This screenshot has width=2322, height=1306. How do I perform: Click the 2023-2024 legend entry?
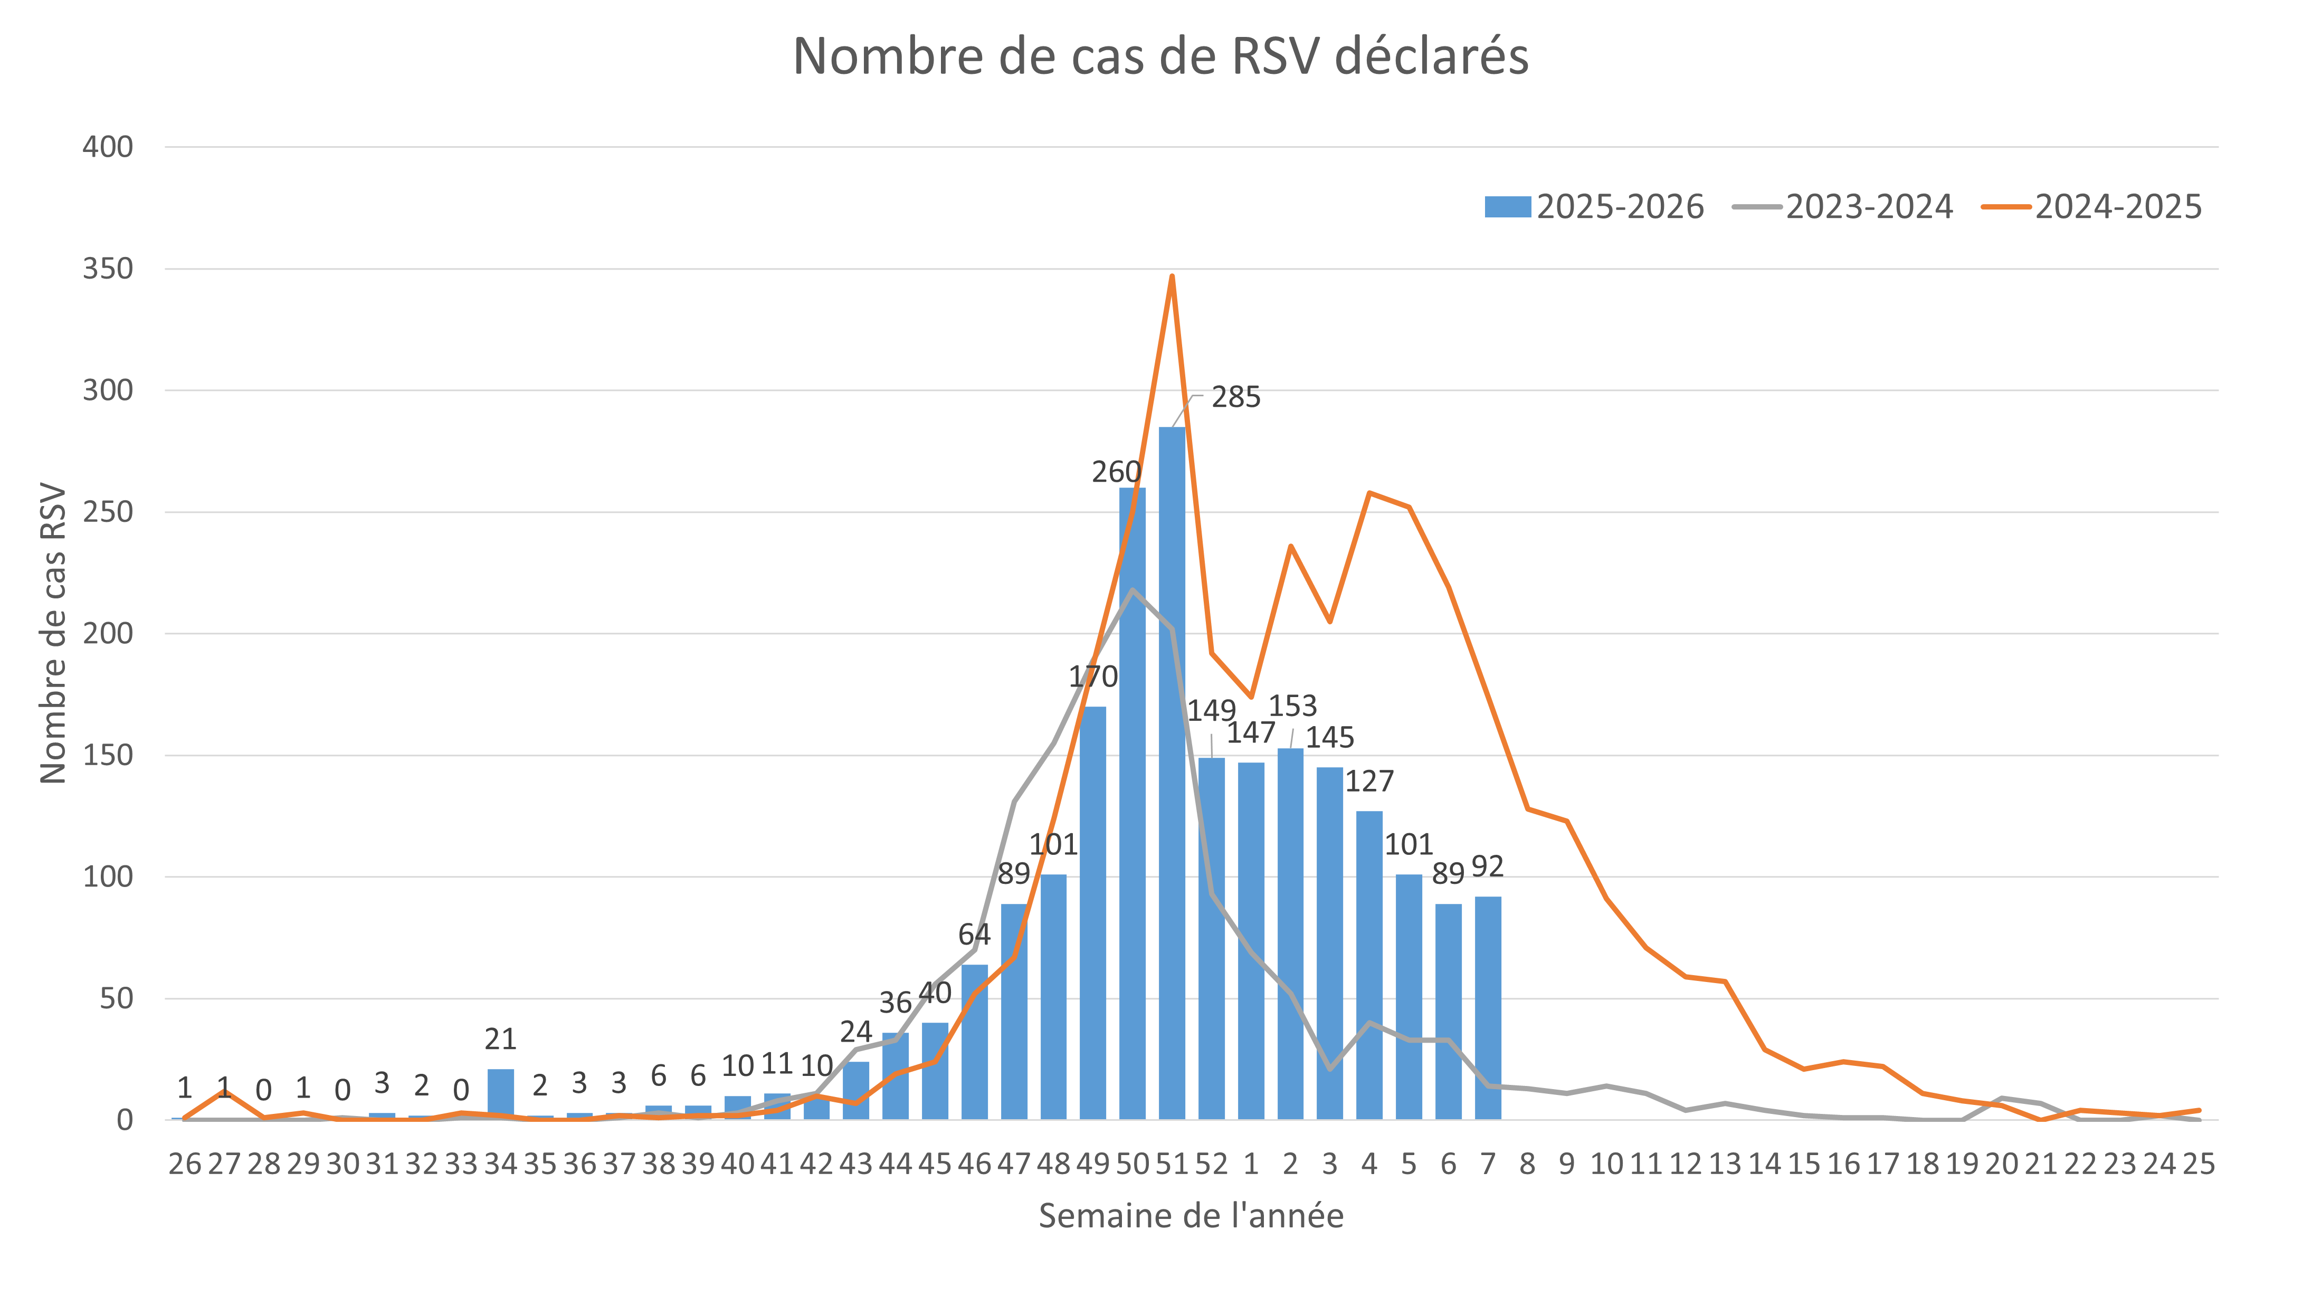pos(1843,207)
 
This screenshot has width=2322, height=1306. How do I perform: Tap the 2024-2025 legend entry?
pos(2092,207)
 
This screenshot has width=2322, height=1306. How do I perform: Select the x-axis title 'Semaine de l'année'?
pos(1191,1216)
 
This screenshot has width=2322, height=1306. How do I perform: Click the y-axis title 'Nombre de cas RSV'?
pos(53,634)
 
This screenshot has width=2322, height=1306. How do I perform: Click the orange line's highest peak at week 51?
pos(1172,276)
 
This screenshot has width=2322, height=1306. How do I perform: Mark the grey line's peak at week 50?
pos(1132,589)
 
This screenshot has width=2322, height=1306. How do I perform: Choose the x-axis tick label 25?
pos(2199,1165)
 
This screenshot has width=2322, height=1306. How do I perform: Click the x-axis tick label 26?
pos(185,1165)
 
